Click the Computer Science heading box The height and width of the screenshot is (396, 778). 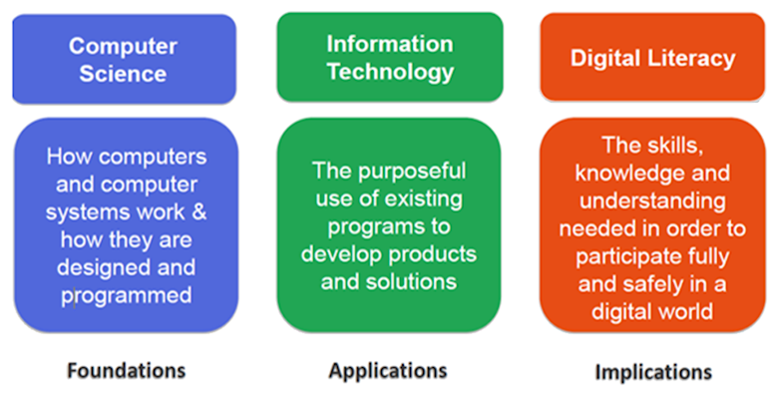click(x=124, y=58)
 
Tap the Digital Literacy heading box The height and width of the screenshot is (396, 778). click(x=652, y=57)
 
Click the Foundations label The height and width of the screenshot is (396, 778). click(x=126, y=370)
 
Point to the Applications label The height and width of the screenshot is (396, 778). click(x=388, y=370)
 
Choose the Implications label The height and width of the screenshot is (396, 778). click(x=653, y=372)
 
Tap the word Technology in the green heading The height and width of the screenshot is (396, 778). click(x=389, y=72)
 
